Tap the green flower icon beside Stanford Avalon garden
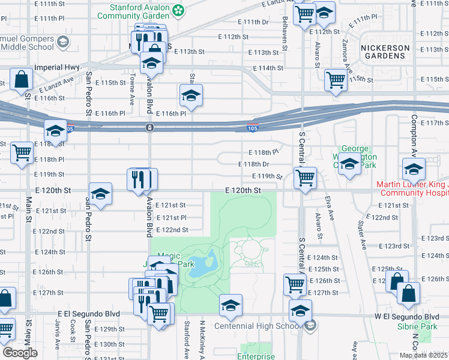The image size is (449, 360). point(178,10)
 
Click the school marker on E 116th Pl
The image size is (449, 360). point(191,95)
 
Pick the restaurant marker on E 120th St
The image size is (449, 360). point(142,179)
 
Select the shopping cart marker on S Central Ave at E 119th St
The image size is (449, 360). point(305,178)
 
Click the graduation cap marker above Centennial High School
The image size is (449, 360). point(231,305)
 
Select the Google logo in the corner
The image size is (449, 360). point(20,353)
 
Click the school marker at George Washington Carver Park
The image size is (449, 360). point(349,164)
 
